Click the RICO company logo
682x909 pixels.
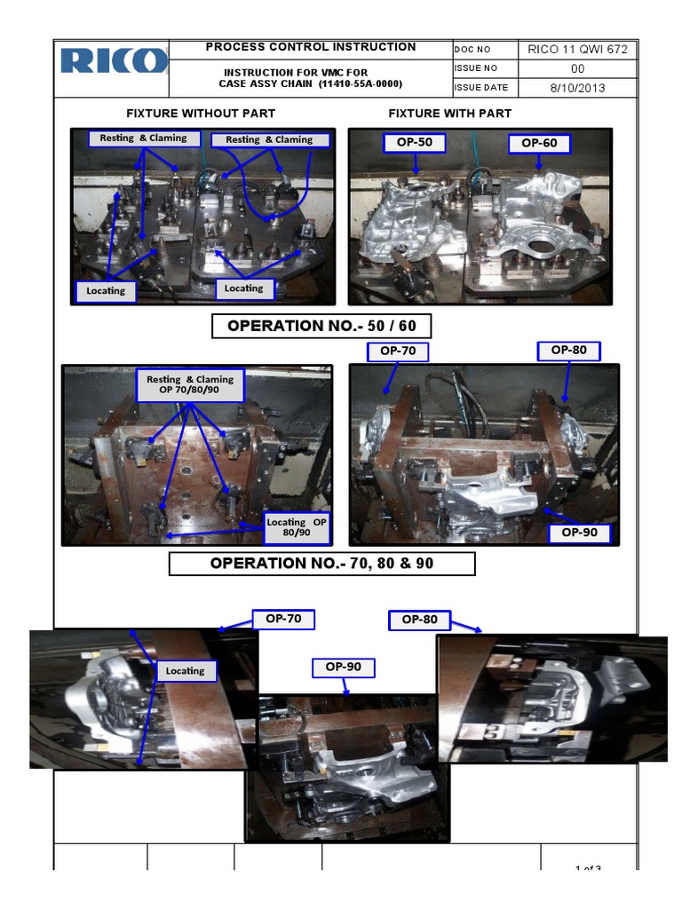(115, 60)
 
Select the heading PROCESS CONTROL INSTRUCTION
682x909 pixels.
(311, 47)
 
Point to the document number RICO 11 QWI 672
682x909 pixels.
(577, 50)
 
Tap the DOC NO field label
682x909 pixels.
(472, 51)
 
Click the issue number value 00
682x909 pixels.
(577, 68)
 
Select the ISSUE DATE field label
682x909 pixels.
(481, 88)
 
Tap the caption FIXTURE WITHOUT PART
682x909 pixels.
(201, 114)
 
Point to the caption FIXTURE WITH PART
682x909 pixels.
(449, 114)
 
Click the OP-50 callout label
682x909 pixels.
(414, 143)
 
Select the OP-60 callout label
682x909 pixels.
(539, 143)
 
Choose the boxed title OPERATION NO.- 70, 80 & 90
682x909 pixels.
(321, 564)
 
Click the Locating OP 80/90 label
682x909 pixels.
(297, 527)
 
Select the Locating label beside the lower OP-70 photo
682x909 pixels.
(185, 671)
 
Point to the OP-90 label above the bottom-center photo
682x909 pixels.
(343, 668)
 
